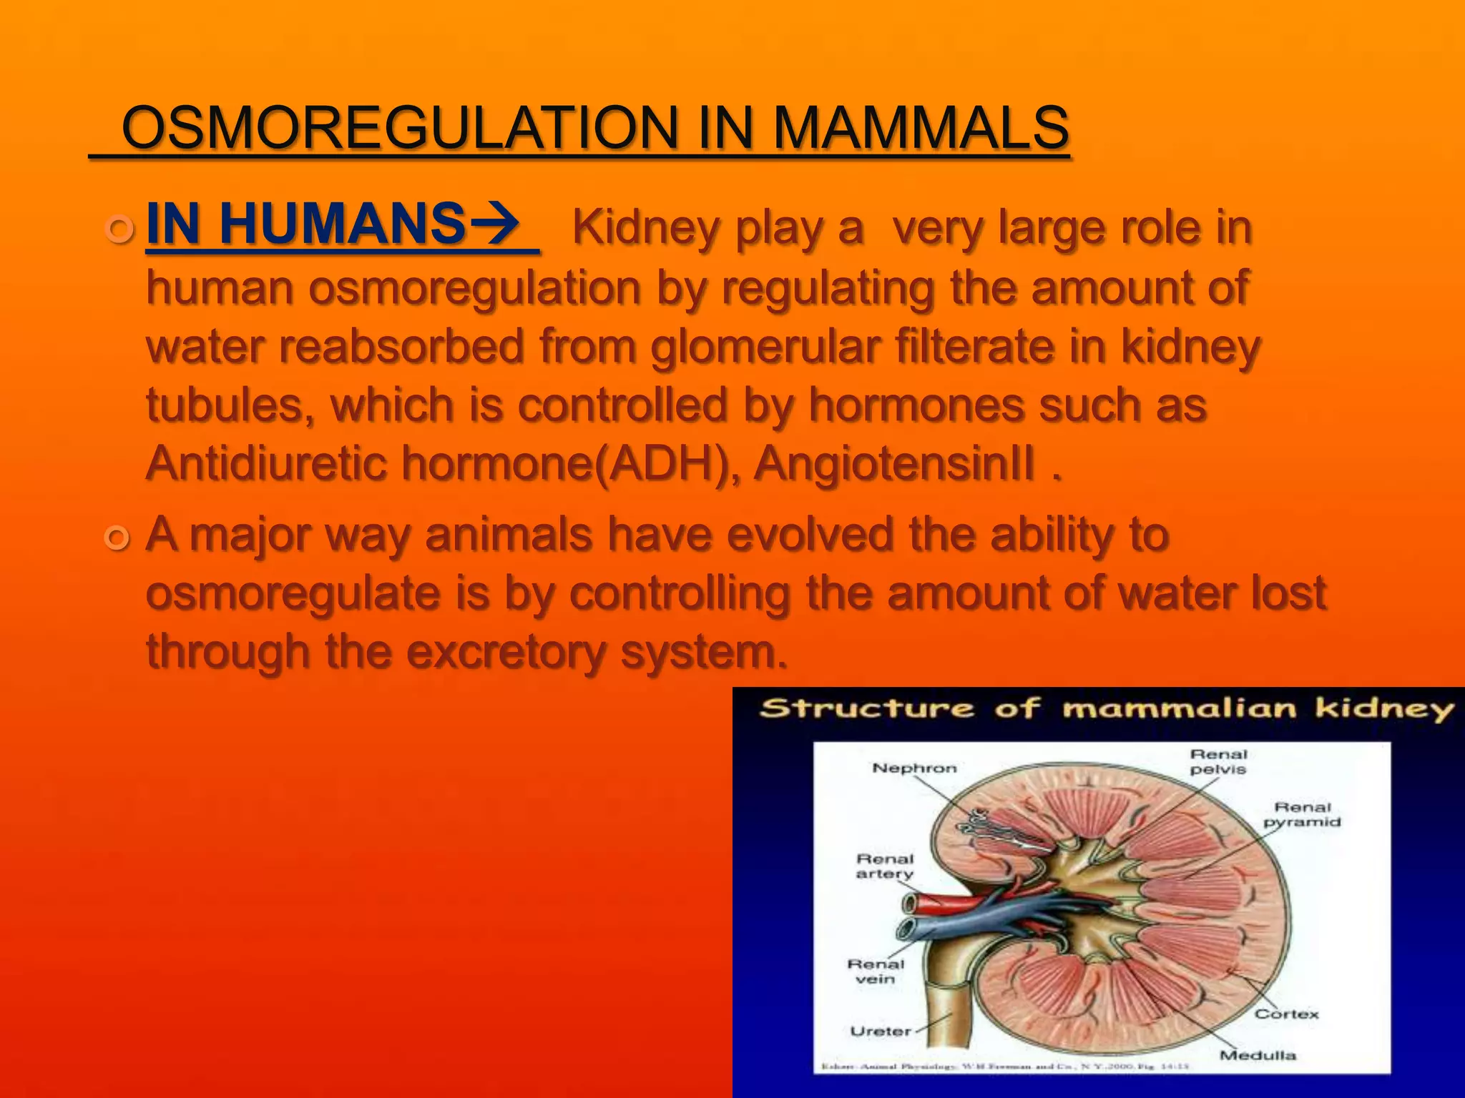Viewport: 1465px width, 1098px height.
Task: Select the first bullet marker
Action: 119,230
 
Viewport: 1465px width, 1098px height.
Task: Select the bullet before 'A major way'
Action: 117,538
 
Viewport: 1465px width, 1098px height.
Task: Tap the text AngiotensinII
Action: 894,464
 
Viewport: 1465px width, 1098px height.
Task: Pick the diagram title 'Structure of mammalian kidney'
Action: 1106,709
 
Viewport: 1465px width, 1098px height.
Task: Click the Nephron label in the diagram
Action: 914,768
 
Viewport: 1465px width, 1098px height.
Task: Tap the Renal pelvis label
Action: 1218,762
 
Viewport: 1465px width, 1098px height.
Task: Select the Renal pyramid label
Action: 1302,815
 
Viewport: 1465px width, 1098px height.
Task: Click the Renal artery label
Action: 885,866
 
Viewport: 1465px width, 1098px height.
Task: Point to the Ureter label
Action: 881,1032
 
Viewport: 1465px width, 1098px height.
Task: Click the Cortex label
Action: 1287,1014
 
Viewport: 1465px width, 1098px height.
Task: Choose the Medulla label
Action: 1258,1056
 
